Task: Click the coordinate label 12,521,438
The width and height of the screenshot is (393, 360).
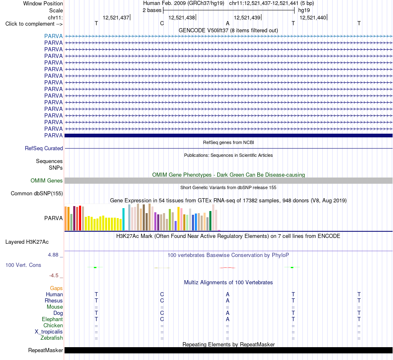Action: (182, 17)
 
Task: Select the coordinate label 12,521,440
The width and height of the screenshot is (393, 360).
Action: (313, 17)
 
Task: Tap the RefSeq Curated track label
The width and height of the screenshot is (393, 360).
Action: (44, 149)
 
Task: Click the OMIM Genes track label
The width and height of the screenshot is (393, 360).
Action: (47, 180)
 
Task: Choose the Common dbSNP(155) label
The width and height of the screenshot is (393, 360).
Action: (37, 194)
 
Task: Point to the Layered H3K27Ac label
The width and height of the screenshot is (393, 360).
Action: (27, 242)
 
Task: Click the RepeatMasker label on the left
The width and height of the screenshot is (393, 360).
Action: (46, 350)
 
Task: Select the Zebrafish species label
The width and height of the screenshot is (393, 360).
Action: (52, 338)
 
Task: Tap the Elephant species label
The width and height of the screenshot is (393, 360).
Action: (53, 319)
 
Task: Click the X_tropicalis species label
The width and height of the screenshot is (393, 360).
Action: (49, 332)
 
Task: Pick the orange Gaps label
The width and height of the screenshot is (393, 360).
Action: (56, 288)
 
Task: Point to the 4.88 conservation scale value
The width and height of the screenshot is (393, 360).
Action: (53, 255)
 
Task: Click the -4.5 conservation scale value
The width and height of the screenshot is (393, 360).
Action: (54, 276)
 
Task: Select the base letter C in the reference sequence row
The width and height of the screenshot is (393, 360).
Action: (162, 24)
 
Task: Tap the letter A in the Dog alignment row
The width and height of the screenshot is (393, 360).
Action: (228, 313)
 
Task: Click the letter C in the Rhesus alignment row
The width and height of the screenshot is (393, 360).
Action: (162, 300)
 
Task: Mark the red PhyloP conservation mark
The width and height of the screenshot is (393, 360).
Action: (228, 268)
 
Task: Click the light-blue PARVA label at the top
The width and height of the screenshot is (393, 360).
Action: (53, 36)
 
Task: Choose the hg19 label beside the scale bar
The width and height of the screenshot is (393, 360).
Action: (304, 10)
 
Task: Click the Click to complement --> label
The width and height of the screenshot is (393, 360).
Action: (34, 24)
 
